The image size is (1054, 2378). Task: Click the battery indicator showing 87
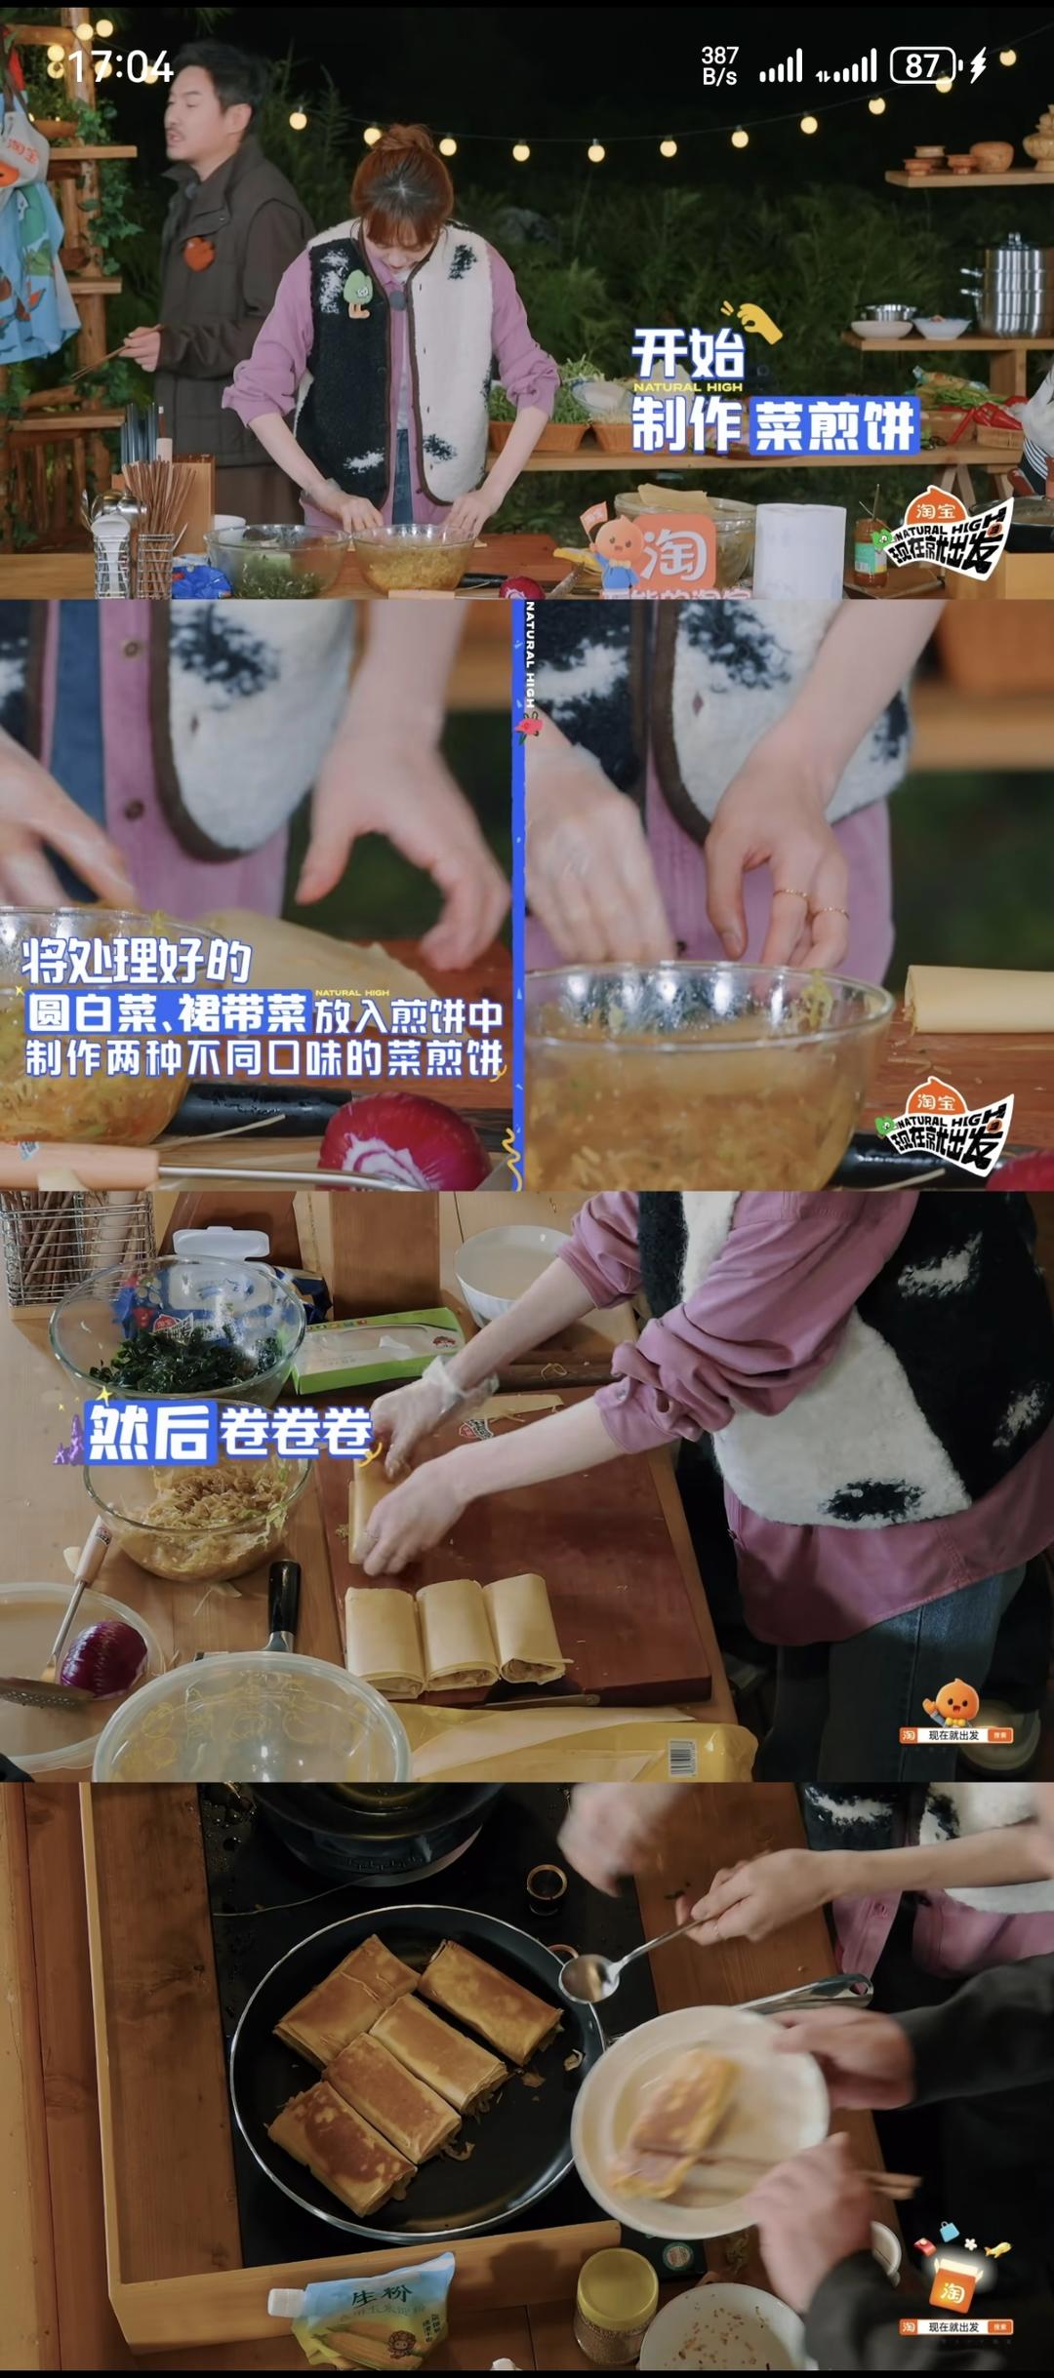tap(923, 66)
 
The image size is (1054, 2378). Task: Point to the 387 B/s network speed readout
tap(719, 65)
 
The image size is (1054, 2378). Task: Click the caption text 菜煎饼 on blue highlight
tap(834, 425)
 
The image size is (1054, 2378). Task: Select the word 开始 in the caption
tap(688, 353)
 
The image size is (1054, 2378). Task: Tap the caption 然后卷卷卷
tap(230, 1433)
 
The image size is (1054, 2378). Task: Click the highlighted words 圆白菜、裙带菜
tap(168, 1013)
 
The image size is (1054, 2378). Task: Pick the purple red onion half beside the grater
tap(103, 1657)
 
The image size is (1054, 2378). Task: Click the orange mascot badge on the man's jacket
tap(198, 252)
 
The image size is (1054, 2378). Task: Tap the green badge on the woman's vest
tap(356, 292)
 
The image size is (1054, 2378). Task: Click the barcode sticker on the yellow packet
tap(682, 1756)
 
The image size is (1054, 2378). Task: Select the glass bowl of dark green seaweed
tap(181, 1331)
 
